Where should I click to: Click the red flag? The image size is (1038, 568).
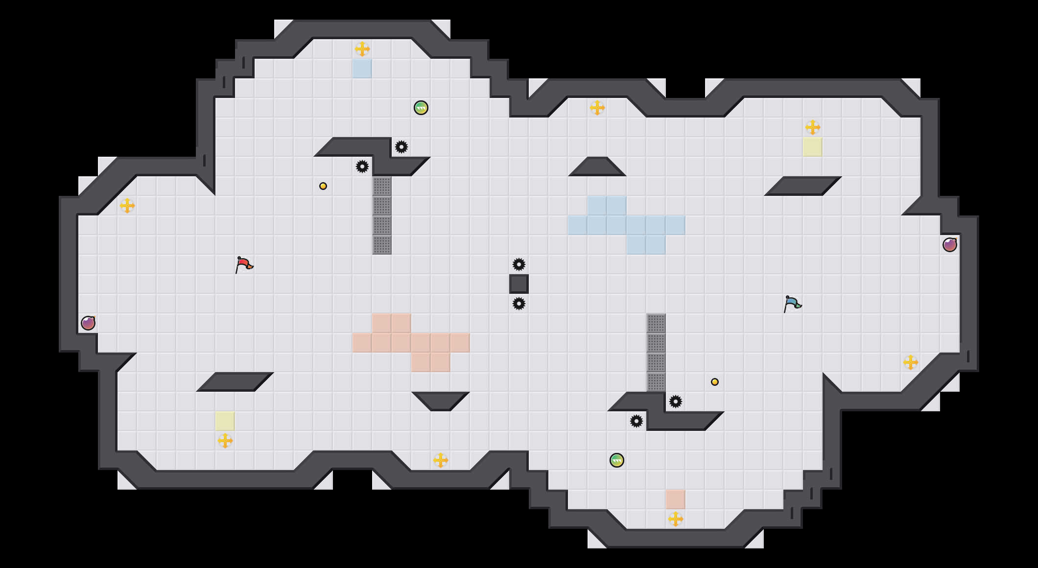[x=244, y=264]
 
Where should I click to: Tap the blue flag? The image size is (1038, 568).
[x=792, y=304]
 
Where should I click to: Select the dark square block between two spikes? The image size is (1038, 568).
[x=519, y=284]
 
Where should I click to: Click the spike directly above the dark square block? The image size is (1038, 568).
[x=519, y=264]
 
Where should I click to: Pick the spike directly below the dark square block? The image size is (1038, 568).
[x=519, y=304]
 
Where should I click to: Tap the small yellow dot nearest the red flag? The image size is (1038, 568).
[x=323, y=186]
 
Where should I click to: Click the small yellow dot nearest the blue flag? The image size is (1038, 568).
[x=715, y=382]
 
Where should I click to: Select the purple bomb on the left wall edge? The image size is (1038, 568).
[x=88, y=323]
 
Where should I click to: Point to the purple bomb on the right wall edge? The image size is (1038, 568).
[x=950, y=245]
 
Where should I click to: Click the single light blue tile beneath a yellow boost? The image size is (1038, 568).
[x=362, y=69]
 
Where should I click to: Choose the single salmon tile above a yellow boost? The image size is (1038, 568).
[x=676, y=499]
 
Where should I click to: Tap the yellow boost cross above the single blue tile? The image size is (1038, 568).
[x=362, y=49]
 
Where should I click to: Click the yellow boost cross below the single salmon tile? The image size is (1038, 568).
[x=676, y=519]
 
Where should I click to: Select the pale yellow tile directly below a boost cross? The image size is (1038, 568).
[x=813, y=147]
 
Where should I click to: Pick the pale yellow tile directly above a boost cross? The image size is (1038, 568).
[x=225, y=421]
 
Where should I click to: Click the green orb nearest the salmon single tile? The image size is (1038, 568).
[x=617, y=460]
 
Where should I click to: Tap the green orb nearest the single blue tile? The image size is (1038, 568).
[x=421, y=108]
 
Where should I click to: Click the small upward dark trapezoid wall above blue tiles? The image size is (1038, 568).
[x=597, y=167]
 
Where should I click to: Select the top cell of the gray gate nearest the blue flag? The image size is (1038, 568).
[x=656, y=323]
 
